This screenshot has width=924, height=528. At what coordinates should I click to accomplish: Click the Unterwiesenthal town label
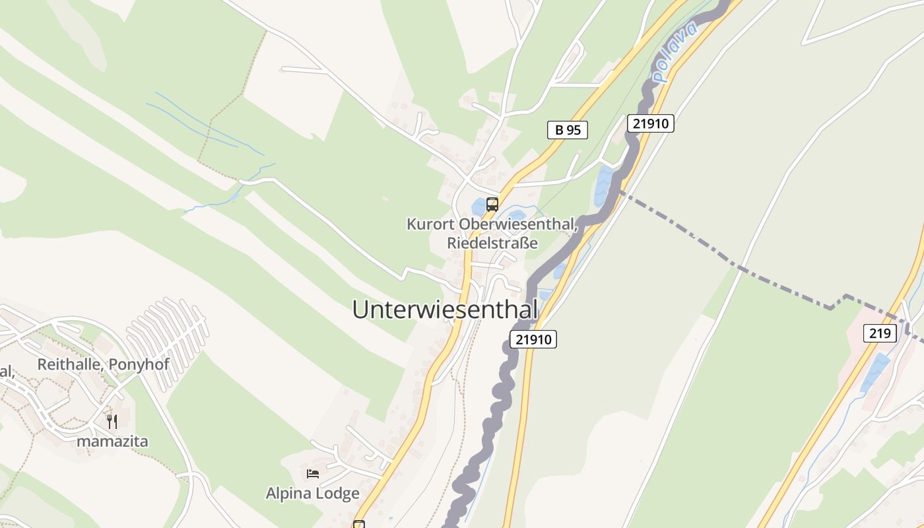445,309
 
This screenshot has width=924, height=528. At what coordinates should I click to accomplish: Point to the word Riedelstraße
492,243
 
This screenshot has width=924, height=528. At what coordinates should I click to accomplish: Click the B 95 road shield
567,130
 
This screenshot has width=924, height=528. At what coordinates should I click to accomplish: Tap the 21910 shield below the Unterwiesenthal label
533,339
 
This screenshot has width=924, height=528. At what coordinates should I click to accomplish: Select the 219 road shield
880,333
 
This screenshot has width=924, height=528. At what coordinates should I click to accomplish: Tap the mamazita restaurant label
112,441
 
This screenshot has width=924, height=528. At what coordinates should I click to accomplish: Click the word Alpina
288,493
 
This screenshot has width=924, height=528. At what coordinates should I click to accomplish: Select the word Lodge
337,493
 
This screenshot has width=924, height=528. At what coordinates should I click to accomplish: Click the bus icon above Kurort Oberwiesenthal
492,205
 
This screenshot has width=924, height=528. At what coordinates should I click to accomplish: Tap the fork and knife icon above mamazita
112,421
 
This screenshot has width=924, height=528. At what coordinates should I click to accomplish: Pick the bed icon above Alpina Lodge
313,474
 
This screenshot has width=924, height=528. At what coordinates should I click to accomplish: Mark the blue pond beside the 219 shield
875,373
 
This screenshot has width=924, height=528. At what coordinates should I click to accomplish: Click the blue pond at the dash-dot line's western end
603,185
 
